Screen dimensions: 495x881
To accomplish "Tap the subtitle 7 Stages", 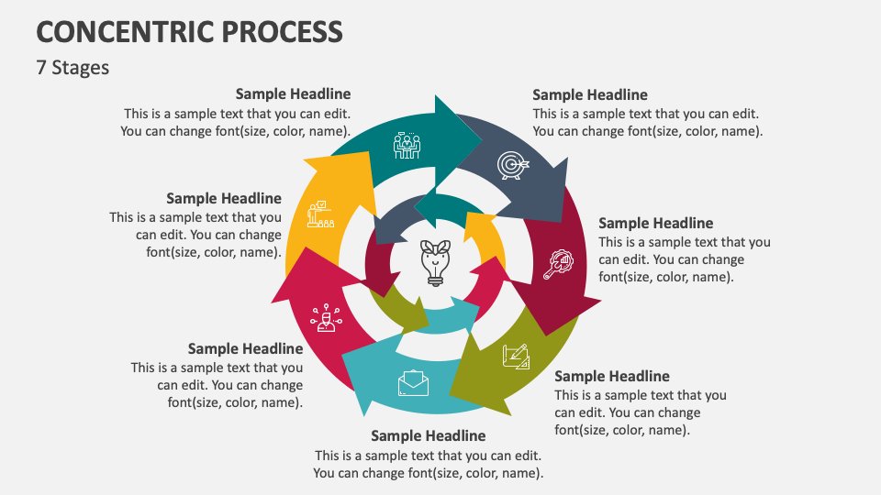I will click(72, 68).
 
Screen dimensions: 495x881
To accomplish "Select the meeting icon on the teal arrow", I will click(407, 145).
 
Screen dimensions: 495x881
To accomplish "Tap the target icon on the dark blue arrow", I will click(512, 164).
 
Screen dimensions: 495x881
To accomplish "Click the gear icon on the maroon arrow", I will click(559, 263).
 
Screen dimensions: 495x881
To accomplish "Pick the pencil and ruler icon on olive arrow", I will click(516, 356).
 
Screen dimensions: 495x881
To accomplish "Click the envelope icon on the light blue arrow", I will click(413, 382).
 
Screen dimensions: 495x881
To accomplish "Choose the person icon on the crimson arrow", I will click(325, 318).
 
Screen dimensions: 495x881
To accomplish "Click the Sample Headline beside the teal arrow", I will click(293, 93).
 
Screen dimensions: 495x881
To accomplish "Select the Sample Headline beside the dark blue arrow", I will click(590, 94).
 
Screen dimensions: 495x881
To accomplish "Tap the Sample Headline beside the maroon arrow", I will click(655, 223).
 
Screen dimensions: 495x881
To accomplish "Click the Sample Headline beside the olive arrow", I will click(612, 376).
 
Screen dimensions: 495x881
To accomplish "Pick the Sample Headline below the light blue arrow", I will click(428, 435).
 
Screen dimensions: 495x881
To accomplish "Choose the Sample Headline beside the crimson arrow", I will click(245, 348).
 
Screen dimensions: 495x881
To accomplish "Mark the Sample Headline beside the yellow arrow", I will click(224, 198).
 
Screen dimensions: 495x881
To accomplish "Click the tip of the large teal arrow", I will click(482, 137).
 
